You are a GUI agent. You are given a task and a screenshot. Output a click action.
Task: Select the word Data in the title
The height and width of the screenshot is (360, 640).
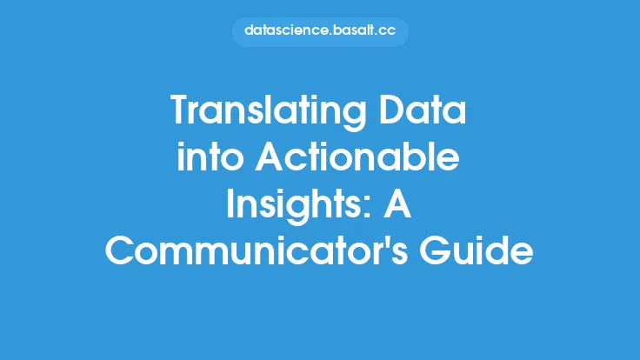pos(423,110)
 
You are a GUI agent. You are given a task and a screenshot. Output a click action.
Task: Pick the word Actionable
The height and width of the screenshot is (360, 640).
pos(357,157)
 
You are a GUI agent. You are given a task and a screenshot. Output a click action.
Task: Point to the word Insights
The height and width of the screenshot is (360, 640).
pos(294,206)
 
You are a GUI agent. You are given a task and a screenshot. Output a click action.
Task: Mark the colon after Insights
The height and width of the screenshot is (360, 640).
pos(367,209)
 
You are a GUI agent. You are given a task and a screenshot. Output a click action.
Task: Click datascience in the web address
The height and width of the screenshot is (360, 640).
pos(286,30)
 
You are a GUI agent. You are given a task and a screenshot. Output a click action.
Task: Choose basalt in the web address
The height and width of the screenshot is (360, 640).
pos(353,30)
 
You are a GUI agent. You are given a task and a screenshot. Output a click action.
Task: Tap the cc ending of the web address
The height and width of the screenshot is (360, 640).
pos(387,31)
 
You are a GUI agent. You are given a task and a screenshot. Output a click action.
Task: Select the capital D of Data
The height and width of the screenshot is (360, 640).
pos(391,110)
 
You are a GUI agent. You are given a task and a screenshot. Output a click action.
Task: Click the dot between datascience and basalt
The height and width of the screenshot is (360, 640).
pos(330,34)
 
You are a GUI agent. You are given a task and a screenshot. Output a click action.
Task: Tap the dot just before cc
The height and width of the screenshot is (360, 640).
pos(377,34)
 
